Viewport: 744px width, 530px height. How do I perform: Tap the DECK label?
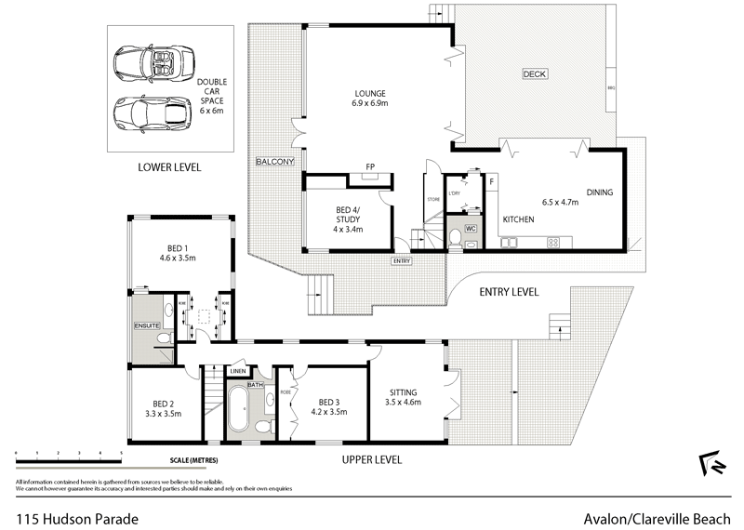(534, 73)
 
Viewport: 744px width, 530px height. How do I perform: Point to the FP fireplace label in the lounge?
(369, 166)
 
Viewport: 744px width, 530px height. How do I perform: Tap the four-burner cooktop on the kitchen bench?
(554, 243)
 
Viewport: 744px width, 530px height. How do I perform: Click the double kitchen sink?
(511, 243)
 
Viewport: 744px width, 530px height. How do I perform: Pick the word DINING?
(600, 193)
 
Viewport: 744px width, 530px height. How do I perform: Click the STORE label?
(432, 199)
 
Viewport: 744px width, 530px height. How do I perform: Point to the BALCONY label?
(275, 162)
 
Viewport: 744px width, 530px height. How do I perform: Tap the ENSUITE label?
(147, 326)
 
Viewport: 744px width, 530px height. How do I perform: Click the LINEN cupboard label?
(238, 371)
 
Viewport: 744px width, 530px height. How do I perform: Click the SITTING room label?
(403, 392)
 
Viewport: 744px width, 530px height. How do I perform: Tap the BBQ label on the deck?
(611, 88)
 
